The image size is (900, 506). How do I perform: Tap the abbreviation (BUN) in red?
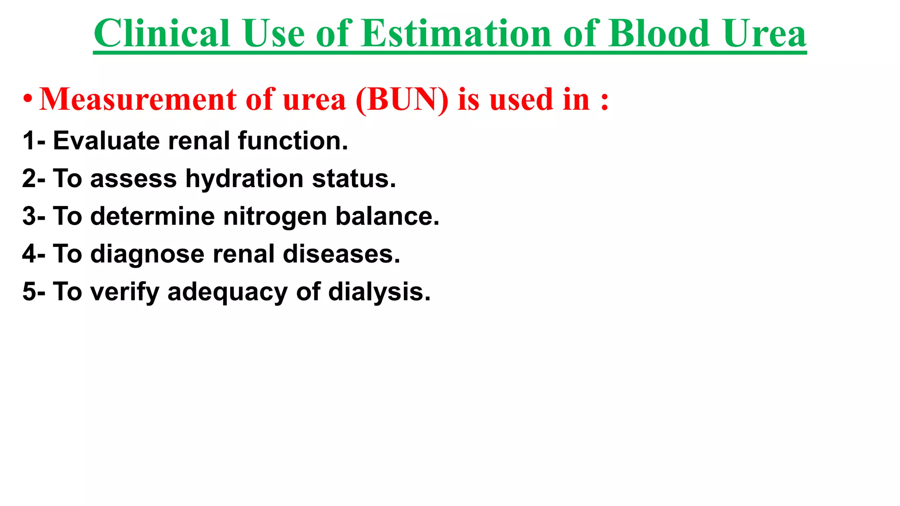pyautogui.click(x=402, y=99)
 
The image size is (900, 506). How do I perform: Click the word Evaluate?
pyautogui.click(x=106, y=141)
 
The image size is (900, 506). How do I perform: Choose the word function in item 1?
pyautogui.click(x=293, y=141)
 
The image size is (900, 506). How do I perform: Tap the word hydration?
pyautogui.click(x=244, y=179)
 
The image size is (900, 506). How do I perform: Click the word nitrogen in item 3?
pyautogui.click(x=275, y=217)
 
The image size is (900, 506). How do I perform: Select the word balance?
pyautogui.click(x=387, y=217)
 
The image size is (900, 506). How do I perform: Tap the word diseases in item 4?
pyautogui.click(x=341, y=254)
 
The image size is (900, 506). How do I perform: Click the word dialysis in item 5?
pyautogui.click(x=379, y=292)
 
